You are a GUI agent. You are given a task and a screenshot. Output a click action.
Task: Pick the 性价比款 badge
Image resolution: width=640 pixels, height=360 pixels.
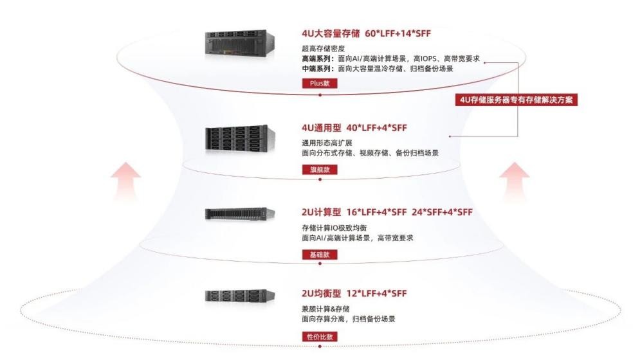point(319,337)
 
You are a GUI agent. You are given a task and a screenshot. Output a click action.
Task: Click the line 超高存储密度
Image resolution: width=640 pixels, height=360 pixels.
point(322,49)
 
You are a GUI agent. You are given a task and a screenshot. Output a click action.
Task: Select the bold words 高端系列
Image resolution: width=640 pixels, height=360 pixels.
point(315,59)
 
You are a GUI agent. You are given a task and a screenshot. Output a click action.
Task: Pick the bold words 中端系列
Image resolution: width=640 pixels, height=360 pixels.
point(315,68)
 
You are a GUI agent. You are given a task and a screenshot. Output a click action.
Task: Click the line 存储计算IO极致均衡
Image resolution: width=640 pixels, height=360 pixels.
point(336,228)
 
